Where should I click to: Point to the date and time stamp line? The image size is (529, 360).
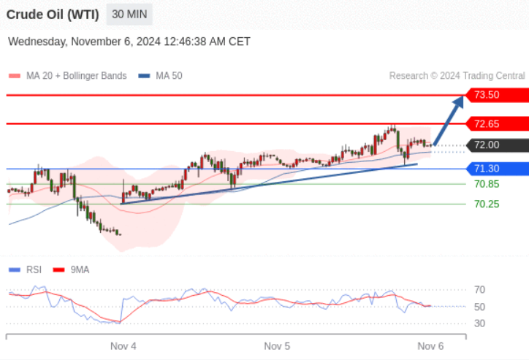[x=129, y=42]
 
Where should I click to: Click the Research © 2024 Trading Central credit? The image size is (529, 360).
[x=457, y=76]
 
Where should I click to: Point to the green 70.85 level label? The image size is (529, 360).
[x=487, y=184]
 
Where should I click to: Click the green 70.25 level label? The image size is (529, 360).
[x=487, y=204]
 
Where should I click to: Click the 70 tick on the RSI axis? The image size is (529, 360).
[x=479, y=290]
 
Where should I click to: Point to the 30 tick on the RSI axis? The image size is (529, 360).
[x=479, y=323]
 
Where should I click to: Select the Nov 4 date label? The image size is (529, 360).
[x=123, y=346]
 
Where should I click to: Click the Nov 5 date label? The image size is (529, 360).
[x=277, y=346]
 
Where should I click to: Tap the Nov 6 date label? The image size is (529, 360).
[x=430, y=346]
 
